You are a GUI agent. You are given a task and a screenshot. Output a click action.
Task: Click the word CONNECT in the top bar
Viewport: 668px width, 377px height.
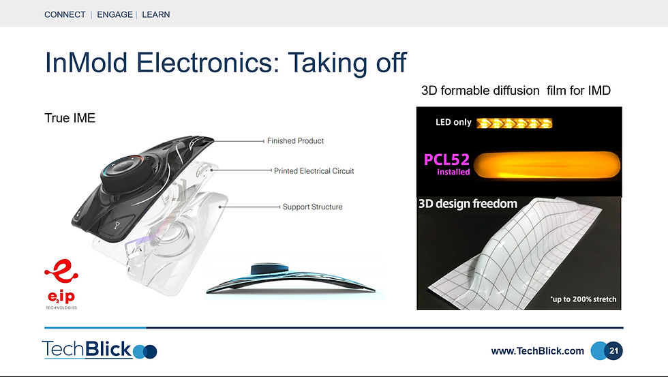click(65, 14)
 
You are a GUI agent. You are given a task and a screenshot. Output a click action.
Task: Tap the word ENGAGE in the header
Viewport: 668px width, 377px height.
click(115, 14)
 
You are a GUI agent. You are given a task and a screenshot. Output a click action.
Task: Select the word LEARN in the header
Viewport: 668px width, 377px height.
click(156, 14)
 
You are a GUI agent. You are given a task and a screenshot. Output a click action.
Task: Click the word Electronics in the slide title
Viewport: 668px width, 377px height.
click(207, 62)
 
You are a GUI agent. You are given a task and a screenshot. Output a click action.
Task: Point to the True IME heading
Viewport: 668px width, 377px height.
click(70, 118)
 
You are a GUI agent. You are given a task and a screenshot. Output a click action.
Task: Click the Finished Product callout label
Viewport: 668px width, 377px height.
click(295, 141)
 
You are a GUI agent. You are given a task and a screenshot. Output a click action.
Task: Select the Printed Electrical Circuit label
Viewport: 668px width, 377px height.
click(314, 171)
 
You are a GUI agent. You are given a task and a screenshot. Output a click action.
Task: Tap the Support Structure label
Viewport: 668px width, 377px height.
click(313, 207)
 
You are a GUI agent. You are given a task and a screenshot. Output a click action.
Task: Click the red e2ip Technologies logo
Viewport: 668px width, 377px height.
click(61, 284)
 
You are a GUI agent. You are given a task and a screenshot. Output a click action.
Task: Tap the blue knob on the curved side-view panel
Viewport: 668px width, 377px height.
click(269, 270)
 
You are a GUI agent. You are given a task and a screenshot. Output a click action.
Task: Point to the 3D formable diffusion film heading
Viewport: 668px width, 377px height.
click(516, 91)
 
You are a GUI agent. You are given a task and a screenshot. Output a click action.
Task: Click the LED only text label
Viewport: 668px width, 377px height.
click(453, 123)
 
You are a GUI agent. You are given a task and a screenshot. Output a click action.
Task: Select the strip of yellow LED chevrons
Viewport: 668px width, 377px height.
click(514, 123)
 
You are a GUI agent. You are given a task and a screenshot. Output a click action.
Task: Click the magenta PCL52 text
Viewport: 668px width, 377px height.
click(446, 160)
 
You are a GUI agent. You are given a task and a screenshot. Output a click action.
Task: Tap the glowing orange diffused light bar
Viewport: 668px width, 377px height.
click(547, 165)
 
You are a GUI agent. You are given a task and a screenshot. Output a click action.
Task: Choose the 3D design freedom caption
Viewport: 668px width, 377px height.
click(468, 204)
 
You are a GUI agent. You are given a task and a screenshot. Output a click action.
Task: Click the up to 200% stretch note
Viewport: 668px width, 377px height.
click(583, 299)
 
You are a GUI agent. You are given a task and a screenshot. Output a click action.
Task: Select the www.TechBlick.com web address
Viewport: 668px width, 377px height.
click(538, 351)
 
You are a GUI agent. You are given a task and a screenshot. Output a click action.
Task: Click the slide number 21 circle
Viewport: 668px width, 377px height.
click(613, 351)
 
